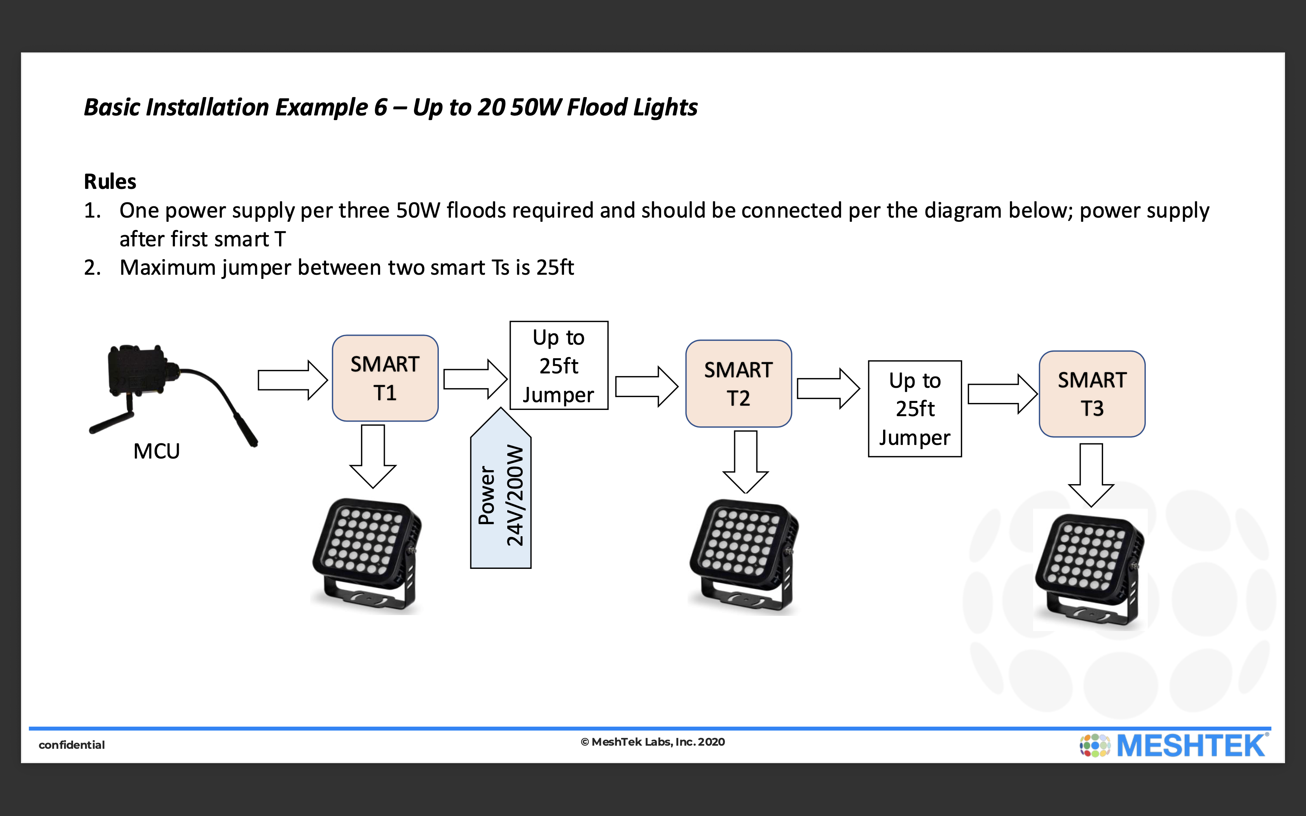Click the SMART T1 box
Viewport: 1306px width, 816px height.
pyautogui.click(x=385, y=378)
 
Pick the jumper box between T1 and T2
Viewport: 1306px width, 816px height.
pyautogui.click(x=559, y=365)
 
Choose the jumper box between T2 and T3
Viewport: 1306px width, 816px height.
pyautogui.click(x=915, y=408)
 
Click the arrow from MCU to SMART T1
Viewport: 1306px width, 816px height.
pyautogui.click(x=292, y=380)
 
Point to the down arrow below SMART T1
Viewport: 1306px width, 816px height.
pyautogui.click(x=373, y=456)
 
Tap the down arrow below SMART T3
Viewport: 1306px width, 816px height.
pyautogui.click(x=1091, y=475)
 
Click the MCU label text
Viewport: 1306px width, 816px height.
pyautogui.click(x=157, y=451)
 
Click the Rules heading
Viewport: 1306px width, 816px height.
pyautogui.click(x=110, y=181)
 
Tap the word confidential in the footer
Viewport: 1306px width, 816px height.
pyautogui.click(x=72, y=745)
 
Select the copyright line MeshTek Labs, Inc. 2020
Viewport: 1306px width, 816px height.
pyautogui.click(x=653, y=742)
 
